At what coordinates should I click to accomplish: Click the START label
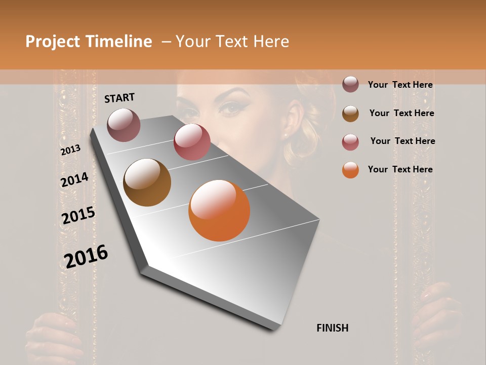pyautogui.click(x=119, y=98)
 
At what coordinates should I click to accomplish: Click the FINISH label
pyautogui.click(x=332, y=328)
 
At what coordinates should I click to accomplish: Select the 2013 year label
pyautogui.click(x=70, y=150)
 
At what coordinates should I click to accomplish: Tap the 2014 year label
pyautogui.click(x=74, y=180)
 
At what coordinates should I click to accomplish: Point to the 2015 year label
pyautogui.click(x=78, y=215)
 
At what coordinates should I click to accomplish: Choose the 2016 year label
pyautogui.click(x=86, y=256)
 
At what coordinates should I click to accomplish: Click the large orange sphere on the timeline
pyautogui.click(x=219, y=210)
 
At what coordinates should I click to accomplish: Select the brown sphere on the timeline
pyautogui.click(x=147, y=182)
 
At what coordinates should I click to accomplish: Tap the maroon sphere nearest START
pyautogui.click(x=124, y=125)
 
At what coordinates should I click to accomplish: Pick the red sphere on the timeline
pyautogui.click(x=192, y=141)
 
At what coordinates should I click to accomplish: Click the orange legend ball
pyautogui.click(x=350, y=170)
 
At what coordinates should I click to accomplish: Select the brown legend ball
pyautogui.click(x=350, y=114)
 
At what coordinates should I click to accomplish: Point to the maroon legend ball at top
pyautogui.click(x=350, y=84)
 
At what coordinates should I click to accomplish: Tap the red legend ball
pyautogui.click(x=350, y=142)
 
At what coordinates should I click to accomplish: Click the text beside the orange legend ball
pyautogui.click(x=400, y=169)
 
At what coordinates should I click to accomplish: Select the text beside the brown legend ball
pyautogui.click(x=401, y=113)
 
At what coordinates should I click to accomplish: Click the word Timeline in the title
pyautogui.click(x=120, y=42)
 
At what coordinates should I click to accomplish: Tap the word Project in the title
pyautogui.click(x=52, y=42)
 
